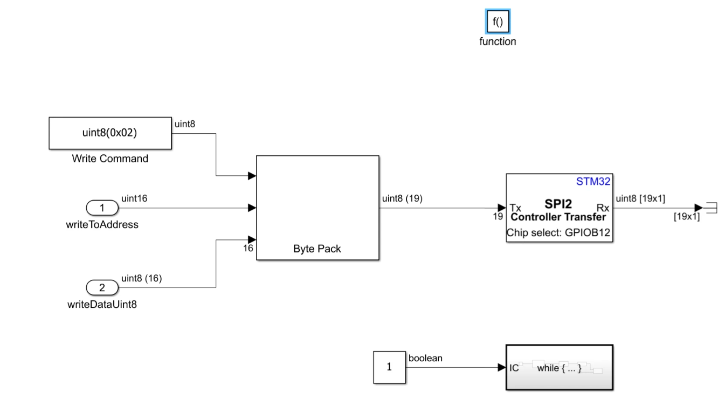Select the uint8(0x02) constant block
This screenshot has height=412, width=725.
[110, 133]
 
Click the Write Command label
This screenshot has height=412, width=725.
[110, 159]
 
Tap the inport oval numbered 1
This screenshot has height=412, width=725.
[102, 208]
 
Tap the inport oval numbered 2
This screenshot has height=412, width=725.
[102, 287]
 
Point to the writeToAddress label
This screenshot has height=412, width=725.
[102, 225]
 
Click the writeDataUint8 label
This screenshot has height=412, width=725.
[102, 305]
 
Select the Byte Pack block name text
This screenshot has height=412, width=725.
[317, 249]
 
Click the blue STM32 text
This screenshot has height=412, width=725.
[593, 182]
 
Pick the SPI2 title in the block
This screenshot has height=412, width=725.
[558, 204]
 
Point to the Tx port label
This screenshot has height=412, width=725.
[515, 208]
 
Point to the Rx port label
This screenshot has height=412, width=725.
[603, 208]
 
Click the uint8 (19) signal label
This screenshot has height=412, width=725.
[402, 198]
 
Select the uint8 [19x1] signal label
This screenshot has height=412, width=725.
[640, 198]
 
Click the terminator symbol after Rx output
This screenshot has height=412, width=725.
[710, 208]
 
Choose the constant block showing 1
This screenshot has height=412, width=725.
[389, 367]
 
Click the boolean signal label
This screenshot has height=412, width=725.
[425, 358]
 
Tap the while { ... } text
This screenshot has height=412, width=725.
[559, 368]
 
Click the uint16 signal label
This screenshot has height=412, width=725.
[134, 198]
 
